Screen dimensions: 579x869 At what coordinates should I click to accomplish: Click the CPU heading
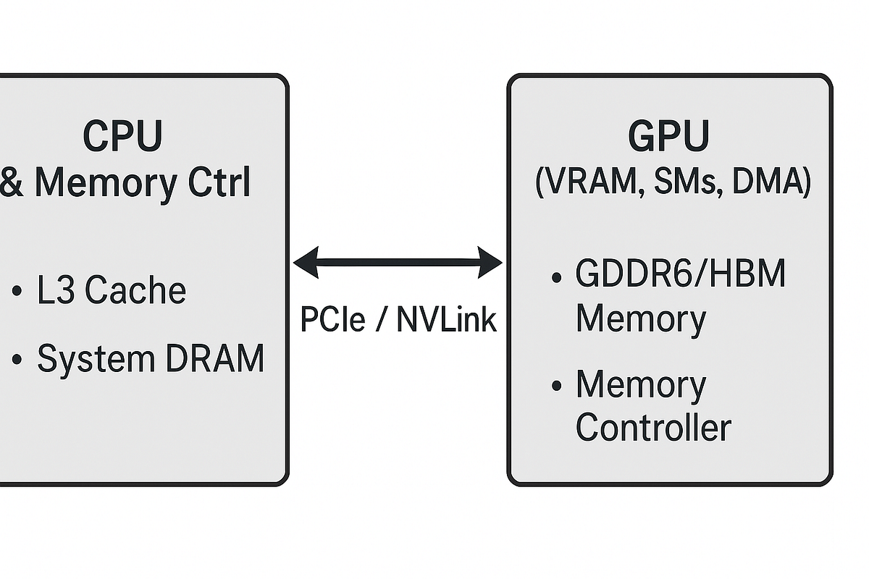click(x=123, y=135)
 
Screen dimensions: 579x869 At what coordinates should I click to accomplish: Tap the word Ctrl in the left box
click(x=214, y=183)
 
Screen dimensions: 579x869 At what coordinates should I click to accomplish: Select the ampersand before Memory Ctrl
click(x=12, y=183)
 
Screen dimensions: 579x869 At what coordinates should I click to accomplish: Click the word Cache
click(x=135, y=290)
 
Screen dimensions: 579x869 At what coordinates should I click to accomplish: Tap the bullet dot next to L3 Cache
click(x=17, y=292)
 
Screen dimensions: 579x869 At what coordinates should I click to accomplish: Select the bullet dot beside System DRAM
click(x=17, y=360)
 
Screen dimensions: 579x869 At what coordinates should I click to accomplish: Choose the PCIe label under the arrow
click(x=332, y=319)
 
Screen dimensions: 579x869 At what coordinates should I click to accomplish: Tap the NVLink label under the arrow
click(x=446, y=319)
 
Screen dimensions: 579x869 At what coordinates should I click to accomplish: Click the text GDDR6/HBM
click(x=680, y=274)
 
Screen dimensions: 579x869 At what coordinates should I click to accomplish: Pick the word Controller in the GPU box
click(x=652, y=427)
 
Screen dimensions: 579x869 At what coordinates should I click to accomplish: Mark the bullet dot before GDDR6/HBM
click(x=556, y=276)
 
